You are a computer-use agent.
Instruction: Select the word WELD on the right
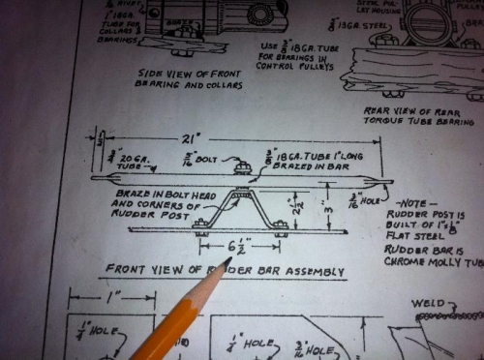(x=428, y=302)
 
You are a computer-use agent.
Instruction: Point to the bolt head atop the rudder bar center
(x=241, y=166)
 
